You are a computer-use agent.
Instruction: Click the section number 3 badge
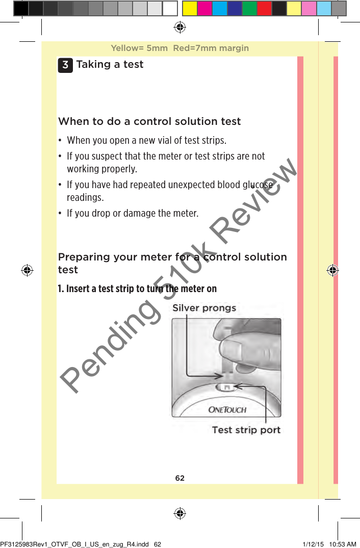[x=65, y=65]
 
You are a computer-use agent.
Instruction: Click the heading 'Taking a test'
[x=110, y=64]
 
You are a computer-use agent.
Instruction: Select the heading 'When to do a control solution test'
[x=149, y=121]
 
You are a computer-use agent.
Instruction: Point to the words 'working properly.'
[x=101, y=169]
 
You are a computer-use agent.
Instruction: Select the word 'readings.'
[x=85, y=197]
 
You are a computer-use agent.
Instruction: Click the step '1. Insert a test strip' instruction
[x=137, y=289]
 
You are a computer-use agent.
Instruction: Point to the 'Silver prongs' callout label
[x=204, y=308]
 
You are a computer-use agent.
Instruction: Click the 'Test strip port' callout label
[x=246, y=430]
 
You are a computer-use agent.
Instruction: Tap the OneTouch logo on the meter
[x=227, y=409]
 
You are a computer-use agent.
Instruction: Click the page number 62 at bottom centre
[x=180, y=478]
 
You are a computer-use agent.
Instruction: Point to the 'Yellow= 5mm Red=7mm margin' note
[x=179, y=48]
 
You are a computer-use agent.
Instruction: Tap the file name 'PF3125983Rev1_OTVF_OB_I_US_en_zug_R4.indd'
[x=75, y=544]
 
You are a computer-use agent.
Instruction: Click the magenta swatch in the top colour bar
[x=205, y=8]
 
